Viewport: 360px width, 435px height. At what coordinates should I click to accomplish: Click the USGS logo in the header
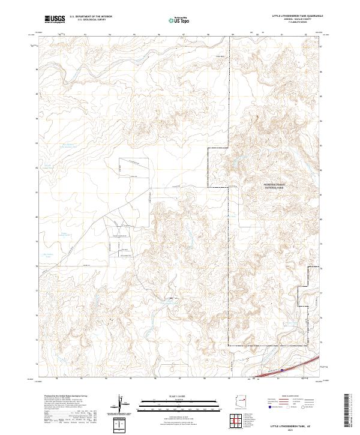(x=55, y=19)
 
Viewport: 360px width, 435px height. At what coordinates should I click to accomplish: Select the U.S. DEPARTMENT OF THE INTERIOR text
(x=91, y=17)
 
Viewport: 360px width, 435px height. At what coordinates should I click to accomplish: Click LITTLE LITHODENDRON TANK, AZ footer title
(x=290, y=424)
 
